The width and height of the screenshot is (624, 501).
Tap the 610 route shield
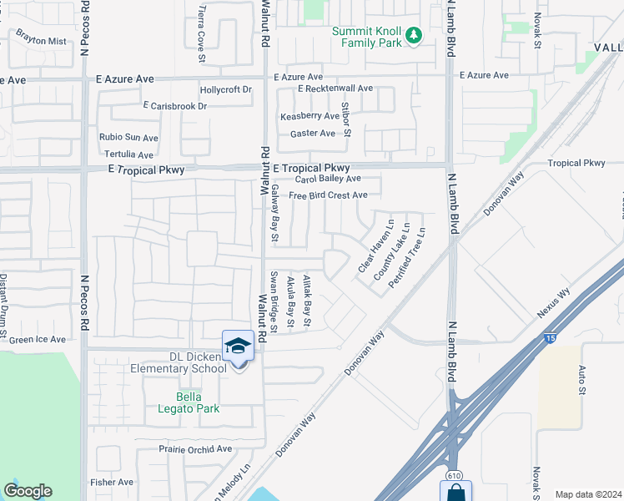pos(454,475)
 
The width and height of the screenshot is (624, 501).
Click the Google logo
pos(28,491)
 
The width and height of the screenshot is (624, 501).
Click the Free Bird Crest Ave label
pos(328,195)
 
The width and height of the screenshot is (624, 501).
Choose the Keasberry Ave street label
pos(309,116)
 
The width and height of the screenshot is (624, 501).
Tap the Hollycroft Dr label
pos(226,89)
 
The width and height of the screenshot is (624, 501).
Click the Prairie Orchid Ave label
pos(195,448)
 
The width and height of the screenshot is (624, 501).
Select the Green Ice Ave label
pos(37,340)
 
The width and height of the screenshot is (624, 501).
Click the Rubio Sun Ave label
pos(128,138)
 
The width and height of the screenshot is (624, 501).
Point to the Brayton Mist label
pos(40,40)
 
